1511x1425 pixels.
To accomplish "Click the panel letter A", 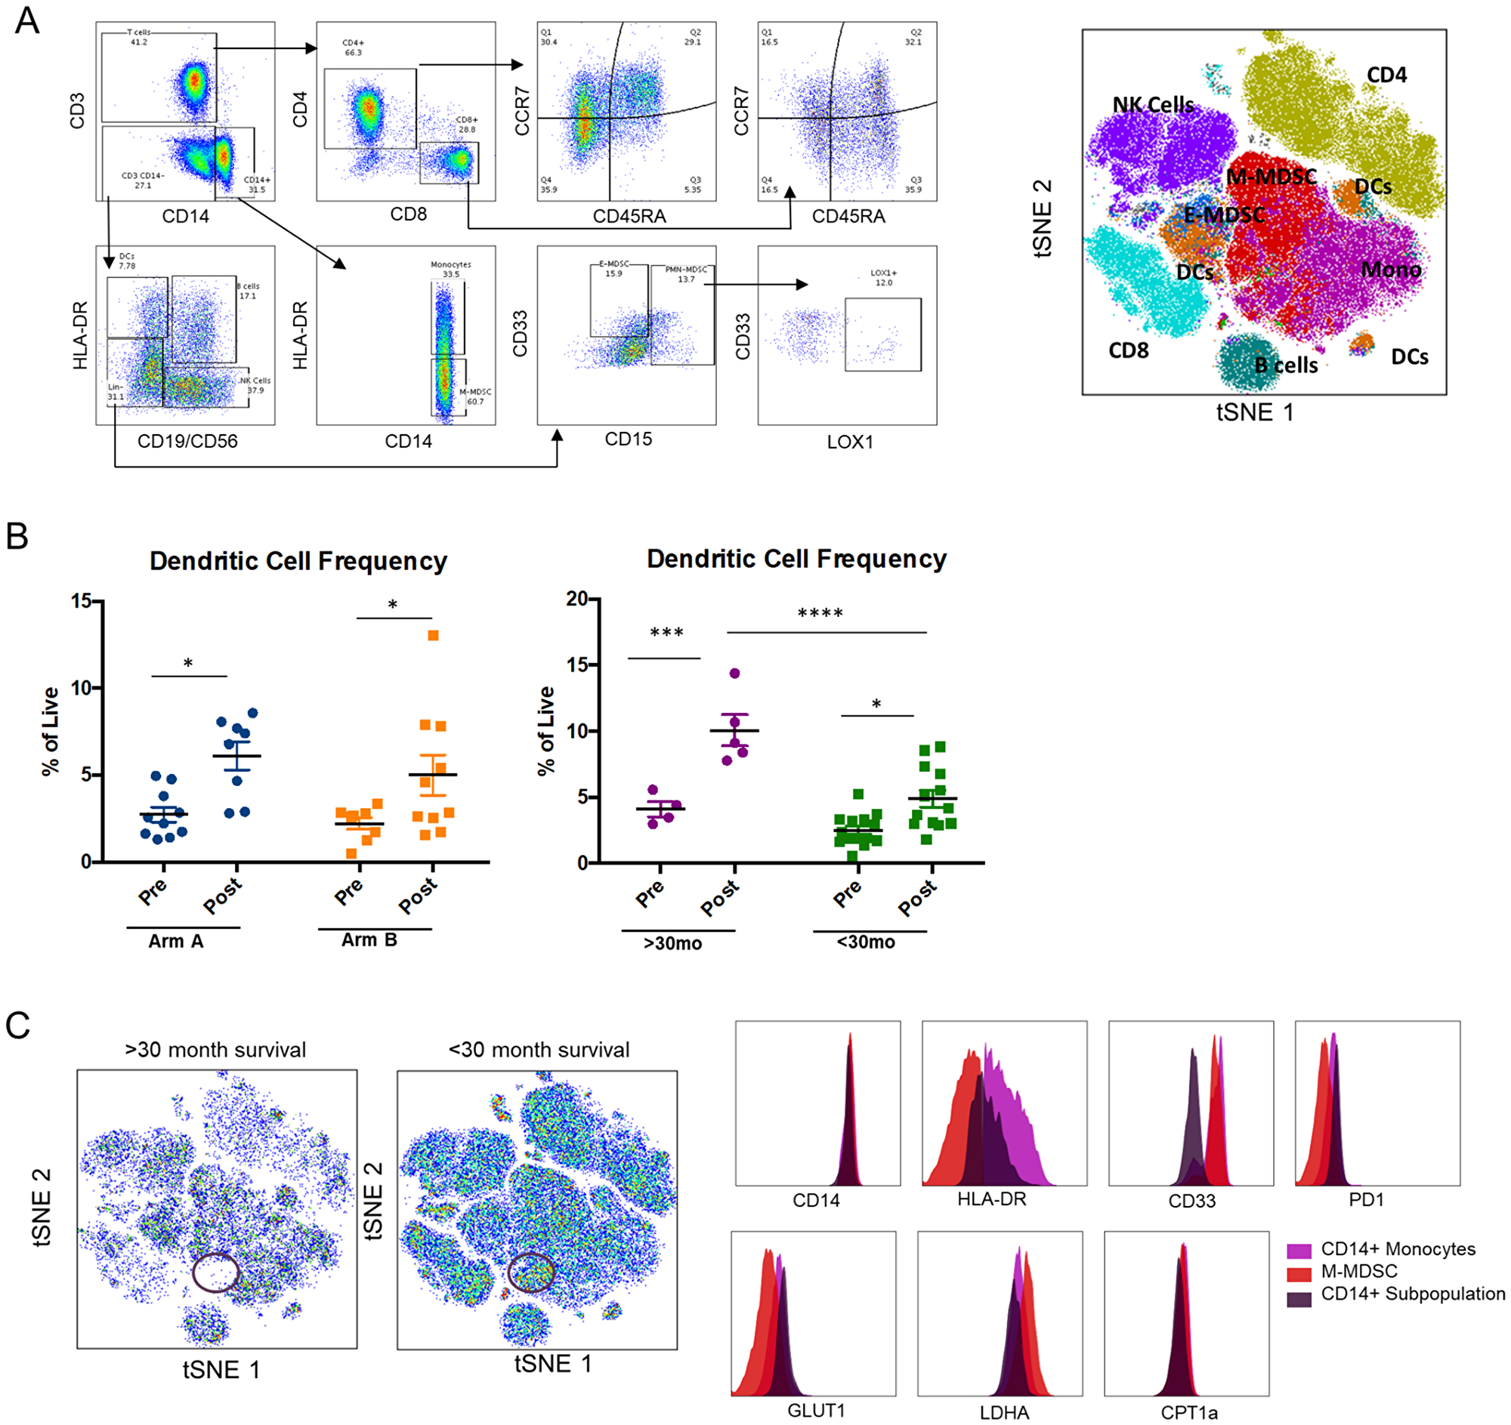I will coord(27,20).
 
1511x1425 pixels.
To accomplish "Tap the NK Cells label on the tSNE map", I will coord(1152,105).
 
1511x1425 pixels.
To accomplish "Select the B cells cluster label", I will coord(1286,366).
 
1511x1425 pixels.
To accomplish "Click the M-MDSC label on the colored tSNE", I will coord(1271,176).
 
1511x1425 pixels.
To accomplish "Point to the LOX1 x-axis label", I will coord(850,442).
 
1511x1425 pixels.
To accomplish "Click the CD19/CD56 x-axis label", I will coord(187,440).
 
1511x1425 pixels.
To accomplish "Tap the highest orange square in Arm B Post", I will coord(433,636).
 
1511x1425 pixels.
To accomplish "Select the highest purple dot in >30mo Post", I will coord(734,673).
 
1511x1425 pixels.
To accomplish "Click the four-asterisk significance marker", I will coord(820,614).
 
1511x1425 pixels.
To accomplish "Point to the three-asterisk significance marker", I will coord(666,633).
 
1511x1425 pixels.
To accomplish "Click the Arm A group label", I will coord(175,941).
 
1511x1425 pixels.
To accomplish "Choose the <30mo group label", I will coord(866,942).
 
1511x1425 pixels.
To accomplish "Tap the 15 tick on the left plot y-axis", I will coord(81,601).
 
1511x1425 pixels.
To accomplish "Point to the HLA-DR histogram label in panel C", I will coord(991,1199).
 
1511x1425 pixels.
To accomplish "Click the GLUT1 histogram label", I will coord(815,1411).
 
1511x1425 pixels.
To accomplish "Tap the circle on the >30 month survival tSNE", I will coord(216,1272).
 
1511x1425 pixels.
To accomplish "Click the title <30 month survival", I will coord(538,1050).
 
